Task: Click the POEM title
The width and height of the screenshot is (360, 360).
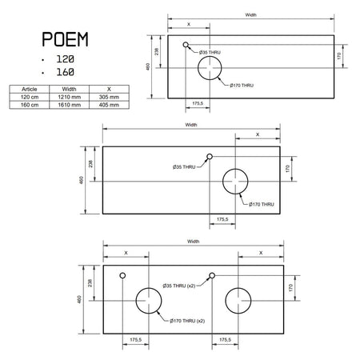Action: click(65, 39)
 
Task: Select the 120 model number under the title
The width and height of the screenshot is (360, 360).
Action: click(66, 59)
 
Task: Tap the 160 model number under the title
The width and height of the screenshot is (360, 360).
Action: click(66, 72)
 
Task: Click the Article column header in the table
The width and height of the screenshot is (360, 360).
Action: click(30, 89)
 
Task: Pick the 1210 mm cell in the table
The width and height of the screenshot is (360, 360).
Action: click(70, 97)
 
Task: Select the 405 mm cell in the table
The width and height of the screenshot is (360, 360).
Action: click(109, 105)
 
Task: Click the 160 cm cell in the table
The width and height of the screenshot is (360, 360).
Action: click(30, 105)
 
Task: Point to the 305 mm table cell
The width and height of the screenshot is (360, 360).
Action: click(109, 97)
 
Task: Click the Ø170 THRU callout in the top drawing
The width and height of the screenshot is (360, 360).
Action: click(242, 86)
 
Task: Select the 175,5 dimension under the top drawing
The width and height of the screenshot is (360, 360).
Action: click(198, 103)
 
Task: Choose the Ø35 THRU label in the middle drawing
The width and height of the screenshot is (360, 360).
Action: click(184, 167)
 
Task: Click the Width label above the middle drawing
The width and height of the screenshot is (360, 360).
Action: click(191, 125)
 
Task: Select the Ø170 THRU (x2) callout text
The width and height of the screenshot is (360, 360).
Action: click(187, 321)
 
